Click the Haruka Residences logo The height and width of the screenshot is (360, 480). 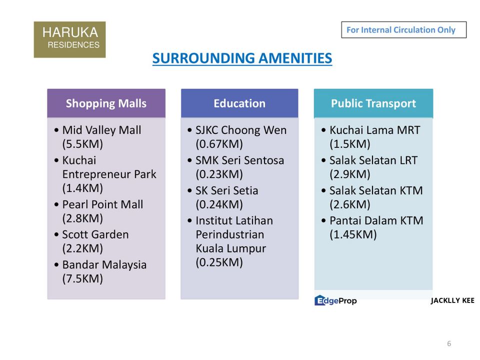tap(69, 39)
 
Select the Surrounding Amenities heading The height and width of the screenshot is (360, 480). tap(242, 58)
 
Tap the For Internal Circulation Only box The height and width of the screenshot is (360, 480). tap(403, 30)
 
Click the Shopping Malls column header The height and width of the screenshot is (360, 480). tap(106, 103)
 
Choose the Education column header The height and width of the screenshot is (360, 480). tap(239, 103)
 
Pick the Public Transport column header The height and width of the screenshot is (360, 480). tap(373, 103)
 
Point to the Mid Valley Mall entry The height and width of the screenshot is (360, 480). tap(101, 130)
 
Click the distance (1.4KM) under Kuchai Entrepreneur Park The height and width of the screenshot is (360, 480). tap(82, 188)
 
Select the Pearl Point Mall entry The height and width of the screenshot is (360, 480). tap(102, 204)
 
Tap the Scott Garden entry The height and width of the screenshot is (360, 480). tap(95, 234)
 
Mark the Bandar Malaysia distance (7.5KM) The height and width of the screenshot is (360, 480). tap(82, 278)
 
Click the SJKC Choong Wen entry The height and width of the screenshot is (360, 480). tap(241, 130)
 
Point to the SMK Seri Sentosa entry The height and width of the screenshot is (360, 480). tap(239, 160)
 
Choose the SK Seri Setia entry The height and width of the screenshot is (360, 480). tap(226, 190)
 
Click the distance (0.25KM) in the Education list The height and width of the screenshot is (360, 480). tap(219, 262)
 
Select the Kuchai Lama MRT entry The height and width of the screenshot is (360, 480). tap(374, 130)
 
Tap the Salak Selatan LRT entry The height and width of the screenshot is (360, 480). tap(373, 160)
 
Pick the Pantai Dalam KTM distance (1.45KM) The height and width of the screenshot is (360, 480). tap(353, 234)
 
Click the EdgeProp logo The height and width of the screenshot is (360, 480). tap(335, 300)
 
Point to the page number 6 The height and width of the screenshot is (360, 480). tap(449, 343)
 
